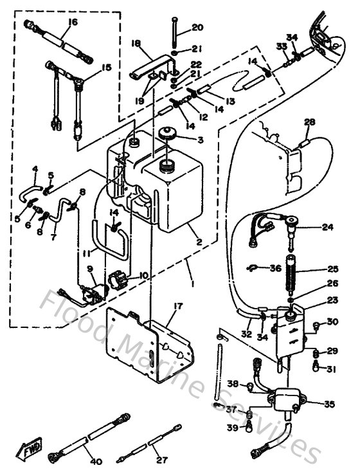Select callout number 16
point(72,22)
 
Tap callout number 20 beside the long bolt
point(197,27)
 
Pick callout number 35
point(330,404)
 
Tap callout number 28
point(310,122)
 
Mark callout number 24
point(328,226)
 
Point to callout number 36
point(275,268)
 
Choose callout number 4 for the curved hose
point(35,170)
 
